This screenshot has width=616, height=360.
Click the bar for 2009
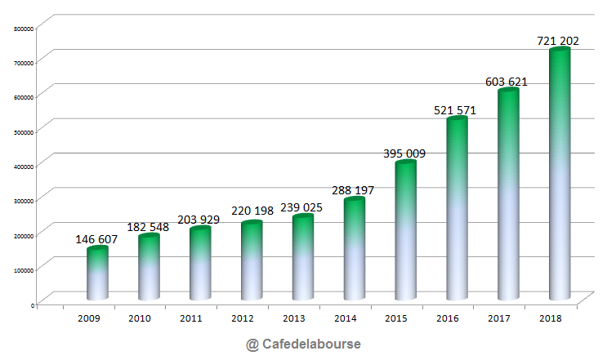(97, 273)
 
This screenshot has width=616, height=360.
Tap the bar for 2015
(406, 231)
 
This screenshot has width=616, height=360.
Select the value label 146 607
(96, 240)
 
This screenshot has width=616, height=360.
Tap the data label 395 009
(405, 153)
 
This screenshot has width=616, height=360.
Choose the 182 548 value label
(148, 226)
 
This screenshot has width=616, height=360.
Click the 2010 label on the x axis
(140, 318)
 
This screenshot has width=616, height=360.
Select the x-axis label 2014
(346, 318)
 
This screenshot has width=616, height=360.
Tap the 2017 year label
(499, 318)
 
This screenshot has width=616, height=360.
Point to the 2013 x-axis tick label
(294, 318)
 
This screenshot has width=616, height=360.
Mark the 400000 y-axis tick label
(24, 166)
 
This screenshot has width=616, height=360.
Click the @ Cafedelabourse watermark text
(303, 344)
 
